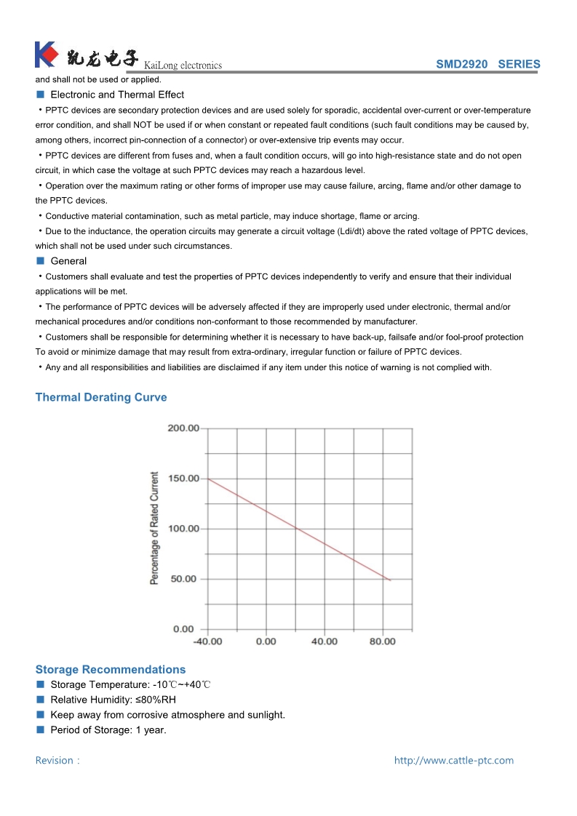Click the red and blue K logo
point(46,55)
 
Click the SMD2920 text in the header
point(461,64)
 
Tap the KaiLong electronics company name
point(183,65)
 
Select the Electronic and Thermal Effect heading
point(117,95)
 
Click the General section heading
point(68,261)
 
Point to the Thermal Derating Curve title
point(101,397)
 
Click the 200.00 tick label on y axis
point(183,428)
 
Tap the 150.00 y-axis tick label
point(183,478)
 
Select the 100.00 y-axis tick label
point(183,528)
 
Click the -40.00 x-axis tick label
point(207,641)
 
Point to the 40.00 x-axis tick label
point(325,641)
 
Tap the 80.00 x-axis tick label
point(383,641)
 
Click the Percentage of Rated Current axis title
point(154,528)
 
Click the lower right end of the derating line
point(391,580)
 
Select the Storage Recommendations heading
point(111,669)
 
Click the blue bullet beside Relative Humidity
point(41,700)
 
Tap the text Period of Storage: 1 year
point(108,730)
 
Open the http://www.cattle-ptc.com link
point(454,761)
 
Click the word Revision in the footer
point(55,761)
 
